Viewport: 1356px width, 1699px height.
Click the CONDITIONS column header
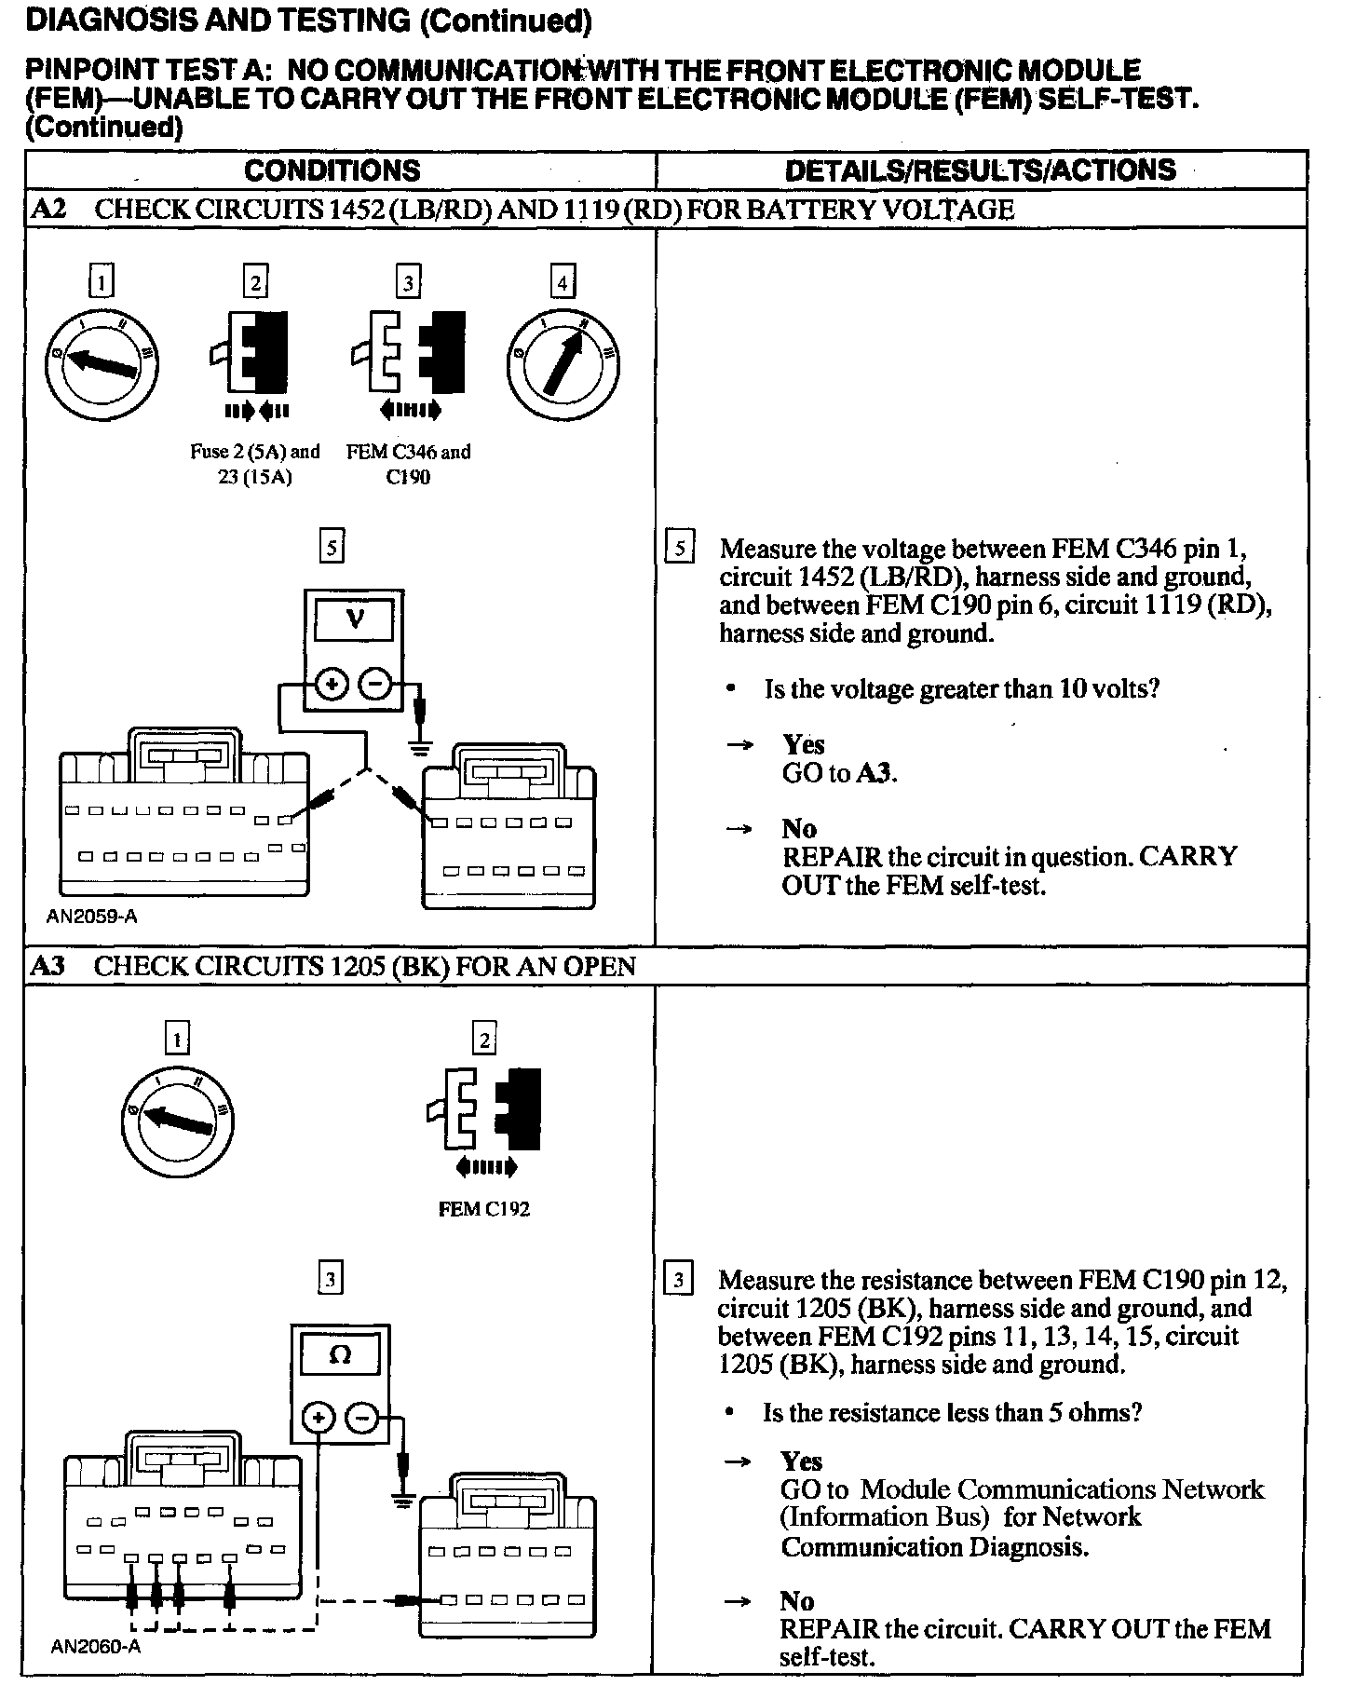[x=332, y=170]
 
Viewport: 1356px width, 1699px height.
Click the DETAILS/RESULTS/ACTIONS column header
[x=980, y=170]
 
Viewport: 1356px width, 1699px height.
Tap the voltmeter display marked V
[x=355, y=618]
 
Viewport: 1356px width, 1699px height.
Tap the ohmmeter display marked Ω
[x=340, y=1356]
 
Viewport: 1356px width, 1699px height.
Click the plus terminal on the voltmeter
[x=331, y=685]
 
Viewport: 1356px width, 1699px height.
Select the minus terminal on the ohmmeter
[x=361, y=1420]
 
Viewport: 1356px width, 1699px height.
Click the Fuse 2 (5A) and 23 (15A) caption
[x=254, y=465]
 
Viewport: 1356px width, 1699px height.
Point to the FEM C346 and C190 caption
[x=408, y=465]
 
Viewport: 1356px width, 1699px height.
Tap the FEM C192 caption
[x=483, y=1210]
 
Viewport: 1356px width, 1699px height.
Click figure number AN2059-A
[x=91, y=917]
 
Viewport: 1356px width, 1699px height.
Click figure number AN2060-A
[x=95, y=1647]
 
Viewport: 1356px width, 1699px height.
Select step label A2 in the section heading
[x=47, y=210]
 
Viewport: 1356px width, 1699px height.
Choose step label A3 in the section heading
[x=47, y=966]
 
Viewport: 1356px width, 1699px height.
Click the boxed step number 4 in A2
[x=562, y=281]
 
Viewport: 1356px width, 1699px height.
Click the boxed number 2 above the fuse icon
[x=255, y=281]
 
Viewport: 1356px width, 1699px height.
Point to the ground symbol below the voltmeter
[x=422, y=745]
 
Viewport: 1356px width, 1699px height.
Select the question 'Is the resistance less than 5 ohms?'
[x=952, y=1413]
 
